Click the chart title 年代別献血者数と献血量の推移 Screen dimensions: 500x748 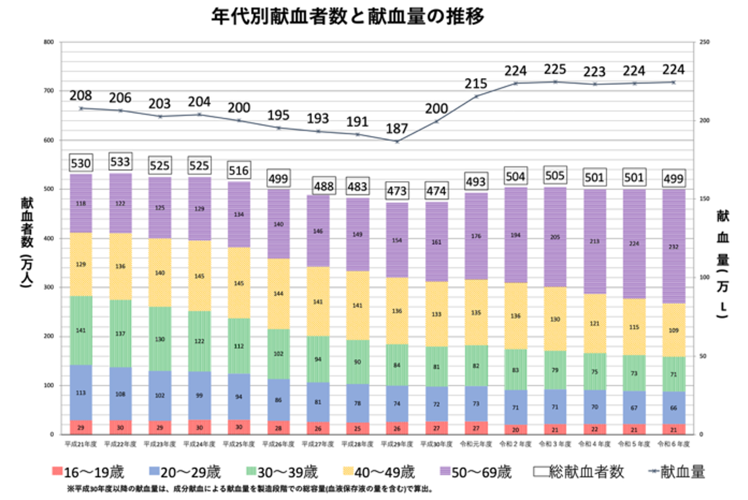click(347, 15)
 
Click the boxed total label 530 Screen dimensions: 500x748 click(81, 163)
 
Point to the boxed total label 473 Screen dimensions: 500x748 click(397, 191)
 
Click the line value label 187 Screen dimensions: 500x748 click(397, 129)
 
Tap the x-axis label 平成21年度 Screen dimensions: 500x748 click(81, 444)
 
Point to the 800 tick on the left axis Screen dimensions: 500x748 click(48, 42)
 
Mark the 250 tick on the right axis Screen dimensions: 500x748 click(705, 42)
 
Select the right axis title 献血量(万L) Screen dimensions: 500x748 click(722, 263)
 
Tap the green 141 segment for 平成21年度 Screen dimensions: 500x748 click(81, 330)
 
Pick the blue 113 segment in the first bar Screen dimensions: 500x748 click(81, 393)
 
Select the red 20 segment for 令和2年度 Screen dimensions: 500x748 click(515, 429)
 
